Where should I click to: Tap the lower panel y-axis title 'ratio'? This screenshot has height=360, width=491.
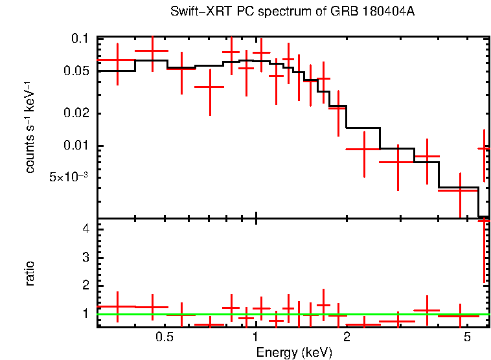[x=30, y=273]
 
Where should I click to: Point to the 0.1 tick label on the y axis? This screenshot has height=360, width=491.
[x=78, y=39]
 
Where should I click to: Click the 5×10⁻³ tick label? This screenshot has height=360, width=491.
[x=69, y=176]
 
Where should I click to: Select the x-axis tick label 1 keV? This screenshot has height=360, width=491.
[x=256, y=338]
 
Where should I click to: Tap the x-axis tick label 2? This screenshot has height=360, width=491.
[x=347, y=338]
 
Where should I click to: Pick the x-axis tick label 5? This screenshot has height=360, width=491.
[x=467, y=338]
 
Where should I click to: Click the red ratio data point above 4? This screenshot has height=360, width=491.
[x=484, y=221]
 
